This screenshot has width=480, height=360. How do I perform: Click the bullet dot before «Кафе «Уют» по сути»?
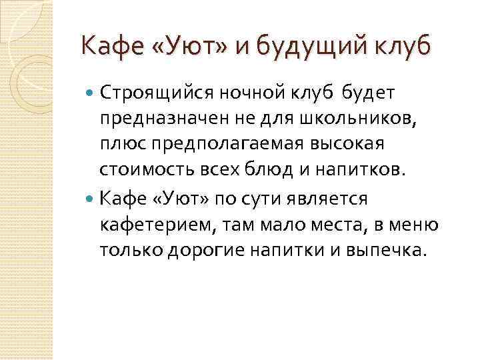91,198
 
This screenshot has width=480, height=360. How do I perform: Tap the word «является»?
337,198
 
